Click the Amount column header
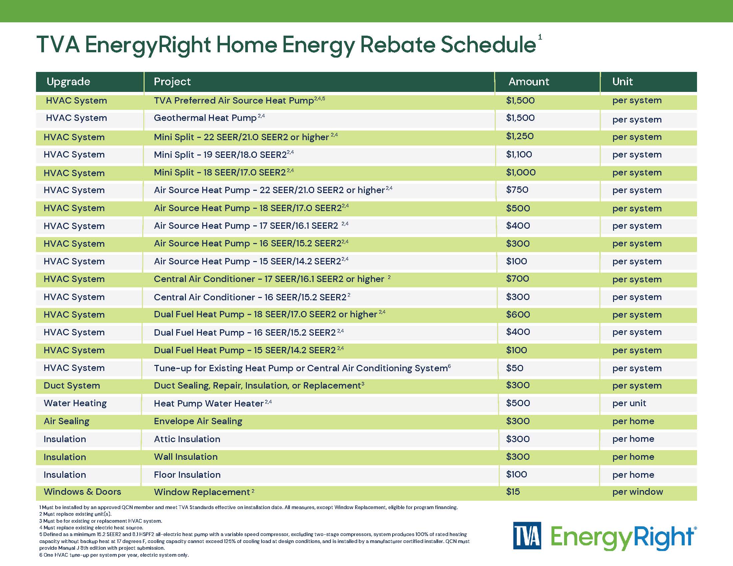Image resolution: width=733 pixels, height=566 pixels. pos(529,82)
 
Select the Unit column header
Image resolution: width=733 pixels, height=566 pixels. pos(622,82)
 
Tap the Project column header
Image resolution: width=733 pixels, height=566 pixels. pos(172,82)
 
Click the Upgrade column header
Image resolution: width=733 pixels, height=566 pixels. pos(68,82)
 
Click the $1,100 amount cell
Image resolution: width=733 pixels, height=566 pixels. pos(519,154)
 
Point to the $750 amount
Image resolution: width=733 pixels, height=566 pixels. pos(517,190)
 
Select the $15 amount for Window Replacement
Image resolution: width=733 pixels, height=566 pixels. pos(513,491)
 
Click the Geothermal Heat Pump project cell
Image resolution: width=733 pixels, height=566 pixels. pos(205,118)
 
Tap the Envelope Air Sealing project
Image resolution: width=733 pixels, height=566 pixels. pos(198,421)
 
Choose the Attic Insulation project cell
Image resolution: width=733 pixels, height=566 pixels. pos(187,439)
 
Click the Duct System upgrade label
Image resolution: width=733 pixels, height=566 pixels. pos(72,386)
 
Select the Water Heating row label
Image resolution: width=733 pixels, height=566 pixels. pos(75,403)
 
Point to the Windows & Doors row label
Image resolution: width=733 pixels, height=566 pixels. pos(82,491)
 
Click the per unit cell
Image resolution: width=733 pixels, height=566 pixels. pos(629,403)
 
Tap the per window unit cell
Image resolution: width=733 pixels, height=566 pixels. pos(637,491)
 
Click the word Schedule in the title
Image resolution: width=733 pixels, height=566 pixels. pos(488,45)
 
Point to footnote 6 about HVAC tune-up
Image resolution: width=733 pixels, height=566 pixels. pos(114,555)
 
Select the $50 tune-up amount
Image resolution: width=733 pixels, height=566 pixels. pos(514,368)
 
